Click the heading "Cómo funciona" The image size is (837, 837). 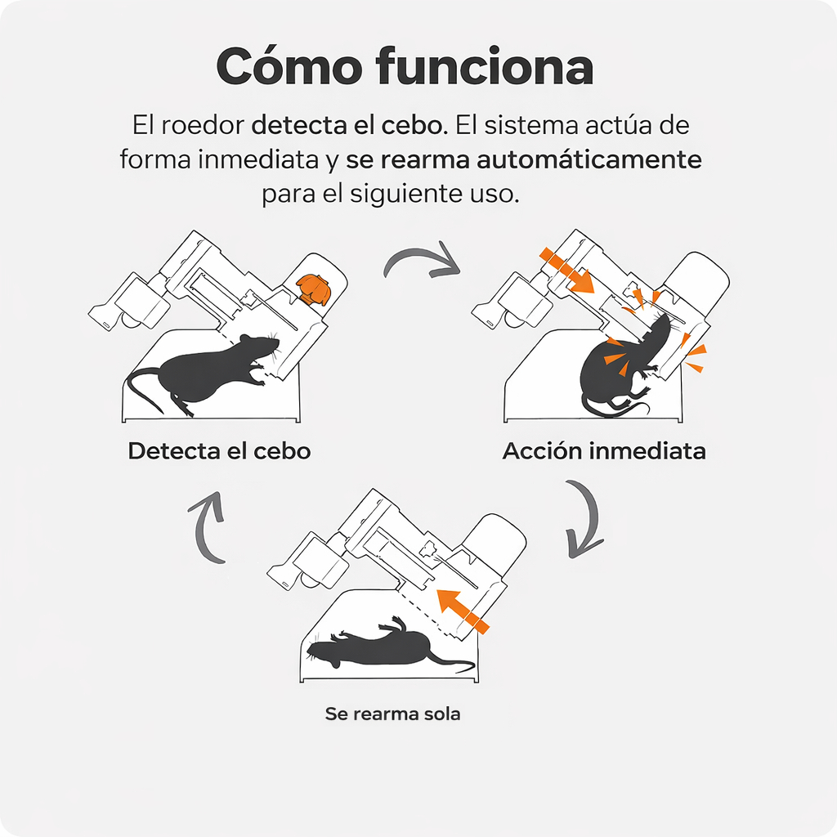click(x=405, y=67)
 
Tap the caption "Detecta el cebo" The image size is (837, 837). click(x=219, y=451)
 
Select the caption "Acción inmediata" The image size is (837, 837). click(x=604, y=451)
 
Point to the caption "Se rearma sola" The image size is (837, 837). click(x=393, y=714)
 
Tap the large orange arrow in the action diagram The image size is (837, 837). click(x=567, y=271)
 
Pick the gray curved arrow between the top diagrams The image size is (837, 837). click(x=422, y=260)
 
